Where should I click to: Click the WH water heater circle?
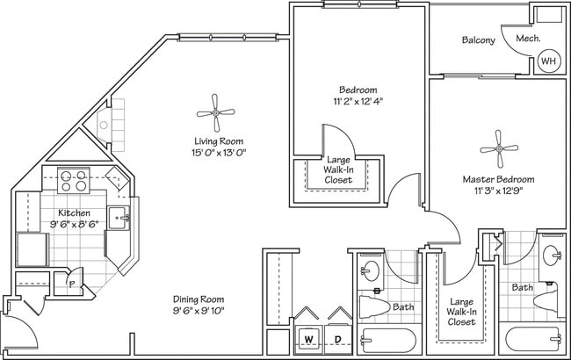click(x=548, y=61)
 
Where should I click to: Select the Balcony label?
click(x=478, y=40)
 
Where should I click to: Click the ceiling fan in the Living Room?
click(x=215, y=112)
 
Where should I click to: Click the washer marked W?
click(x=308, y=338)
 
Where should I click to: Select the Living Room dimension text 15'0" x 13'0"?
click(x=220, y=153)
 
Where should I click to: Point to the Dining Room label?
click(x=200, y=299)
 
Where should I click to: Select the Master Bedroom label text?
click(x=498, y=179)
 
